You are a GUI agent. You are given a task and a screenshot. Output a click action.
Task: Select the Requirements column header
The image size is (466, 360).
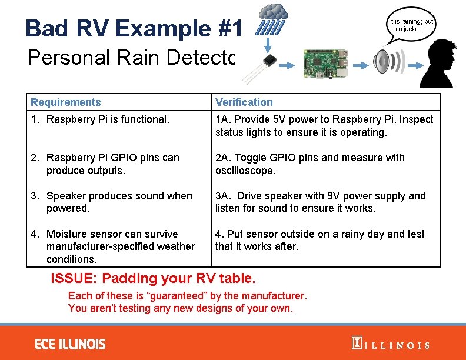coord(66,102)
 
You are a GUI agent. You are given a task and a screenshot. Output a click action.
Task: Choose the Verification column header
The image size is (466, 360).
coord(244,102)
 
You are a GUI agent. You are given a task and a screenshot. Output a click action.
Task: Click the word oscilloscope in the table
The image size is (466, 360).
coord(245,171)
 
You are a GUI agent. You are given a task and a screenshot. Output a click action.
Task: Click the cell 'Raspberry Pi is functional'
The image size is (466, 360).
coord(108,119)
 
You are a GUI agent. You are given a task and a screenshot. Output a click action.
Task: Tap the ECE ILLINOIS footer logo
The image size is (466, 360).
coord(70,344)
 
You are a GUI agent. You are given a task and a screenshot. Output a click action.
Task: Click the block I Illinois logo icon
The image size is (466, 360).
coord(356,344)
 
